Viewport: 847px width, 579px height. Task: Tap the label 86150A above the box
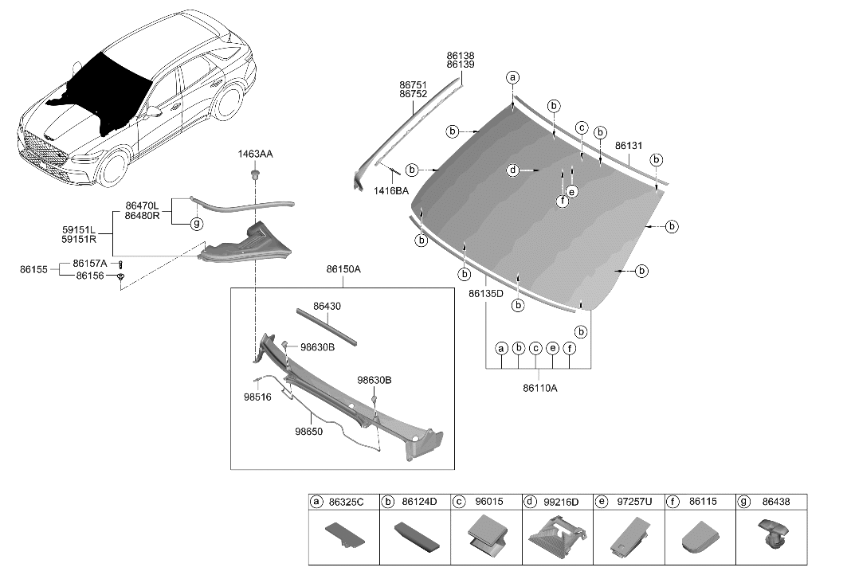coord(343,270)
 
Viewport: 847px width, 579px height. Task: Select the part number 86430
coord(327,305)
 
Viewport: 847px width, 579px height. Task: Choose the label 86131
coord(629,146)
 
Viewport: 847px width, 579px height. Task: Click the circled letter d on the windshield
coord(513,170)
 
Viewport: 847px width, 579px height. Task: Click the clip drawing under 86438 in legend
coord(772,538)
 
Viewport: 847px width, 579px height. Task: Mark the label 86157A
coord(90,263)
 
